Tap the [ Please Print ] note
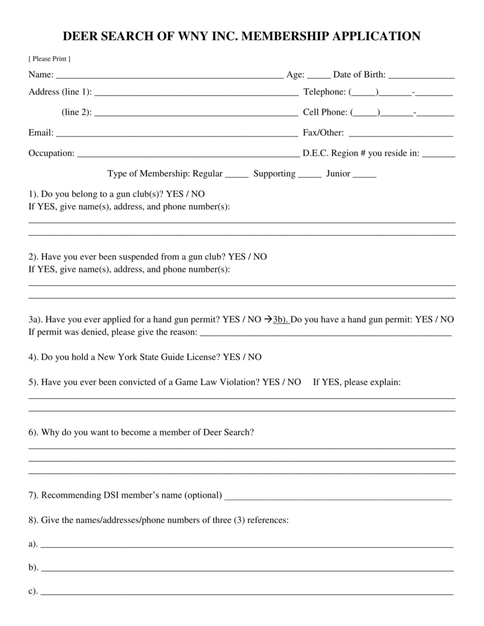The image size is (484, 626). coord(49,59)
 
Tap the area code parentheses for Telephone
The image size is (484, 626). coord(364,92)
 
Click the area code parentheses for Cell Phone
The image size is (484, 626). coord(365,112)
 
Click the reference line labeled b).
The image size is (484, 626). coord(247,569)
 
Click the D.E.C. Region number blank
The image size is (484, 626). coord(442,155)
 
